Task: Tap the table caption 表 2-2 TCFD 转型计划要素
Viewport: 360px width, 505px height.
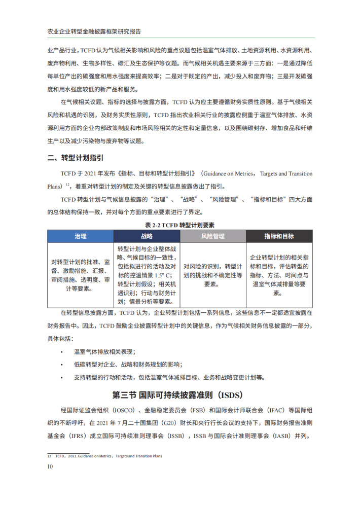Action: (x=180, y=225)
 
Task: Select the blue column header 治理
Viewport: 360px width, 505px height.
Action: (x=80, y=236)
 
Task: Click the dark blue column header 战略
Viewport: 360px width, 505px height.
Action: (x=147, y=236)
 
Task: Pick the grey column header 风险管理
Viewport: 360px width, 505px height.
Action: (x=213, y=236)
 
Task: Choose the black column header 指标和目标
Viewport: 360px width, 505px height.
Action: (x=279, y=236)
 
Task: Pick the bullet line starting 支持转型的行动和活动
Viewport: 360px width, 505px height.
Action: (x=167, y=378)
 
